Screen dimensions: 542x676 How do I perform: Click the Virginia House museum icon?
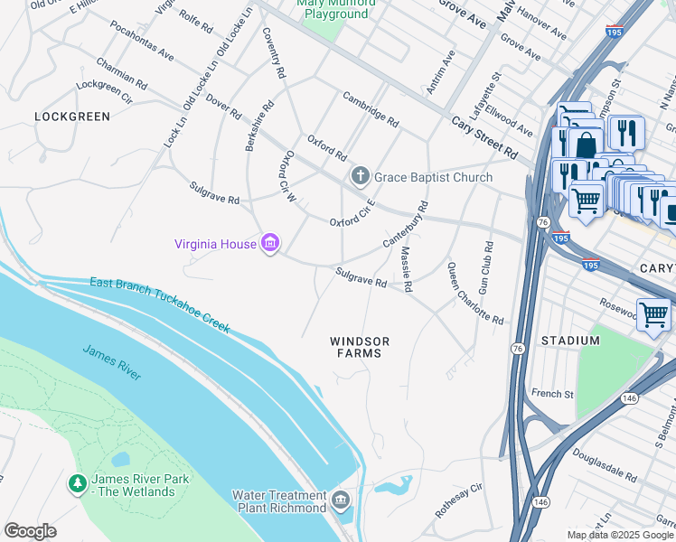pyautogui.click(x=269, y=243)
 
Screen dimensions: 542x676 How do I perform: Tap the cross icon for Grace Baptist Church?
pyautogui.click(x=361, y=177)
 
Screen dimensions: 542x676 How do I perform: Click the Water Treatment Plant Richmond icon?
pyautogui.click(x=341, y=500)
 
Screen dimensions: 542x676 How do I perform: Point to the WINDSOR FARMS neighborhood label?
pyautogui.click(x=360, y=347)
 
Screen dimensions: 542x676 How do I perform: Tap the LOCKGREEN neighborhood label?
pyautogui.click(x=72, y=117)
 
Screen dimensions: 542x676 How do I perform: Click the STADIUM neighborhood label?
pyautogui.click(x=570, y=341)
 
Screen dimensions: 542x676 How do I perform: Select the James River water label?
pyautogui.click(x=112, y=361)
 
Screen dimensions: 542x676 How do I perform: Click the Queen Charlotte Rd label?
pyautogui.click(x=474, y=294)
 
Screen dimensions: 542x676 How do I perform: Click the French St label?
pyautogui.click(x=552, y=394)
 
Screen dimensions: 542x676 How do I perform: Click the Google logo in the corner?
pyautogui.click(x=30, y=531)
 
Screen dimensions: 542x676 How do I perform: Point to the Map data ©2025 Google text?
pyautogui.click(x=619, y=535)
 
